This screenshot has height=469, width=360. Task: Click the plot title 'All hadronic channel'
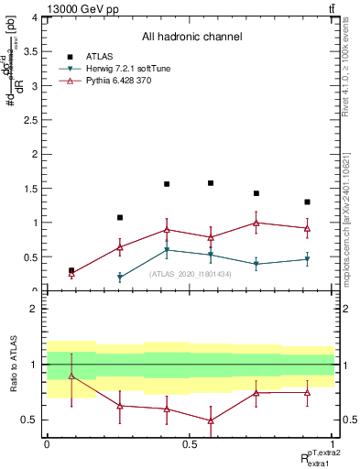pos(191,38)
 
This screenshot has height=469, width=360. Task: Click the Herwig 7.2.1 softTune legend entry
pos(129,69)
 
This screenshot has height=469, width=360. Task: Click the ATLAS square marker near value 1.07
pos(120,218)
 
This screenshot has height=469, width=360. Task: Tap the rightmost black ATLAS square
pos(307,202)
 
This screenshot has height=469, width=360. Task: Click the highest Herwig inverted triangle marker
pos(167,250)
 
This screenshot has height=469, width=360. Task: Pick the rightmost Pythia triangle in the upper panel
pos(307,228)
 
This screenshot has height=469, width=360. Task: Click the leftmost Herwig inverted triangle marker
pos(120,278)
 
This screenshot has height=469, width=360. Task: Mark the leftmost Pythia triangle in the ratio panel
pos(71,376)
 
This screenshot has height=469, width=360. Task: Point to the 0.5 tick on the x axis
pos(190,442)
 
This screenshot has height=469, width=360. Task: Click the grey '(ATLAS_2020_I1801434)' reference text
pos(190,274)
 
